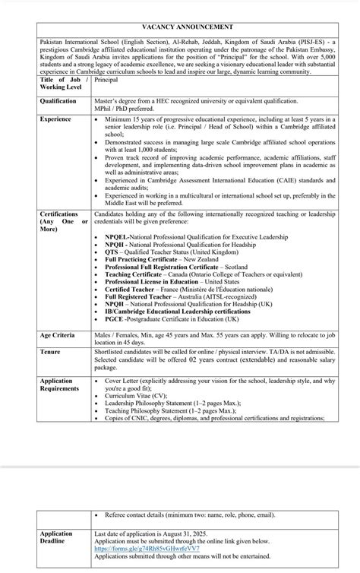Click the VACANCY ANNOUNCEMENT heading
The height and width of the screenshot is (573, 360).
180,26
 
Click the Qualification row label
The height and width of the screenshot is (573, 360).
58,100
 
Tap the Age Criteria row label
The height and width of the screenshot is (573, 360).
58,334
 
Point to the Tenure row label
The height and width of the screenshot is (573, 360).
51,353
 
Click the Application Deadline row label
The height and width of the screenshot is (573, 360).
57,537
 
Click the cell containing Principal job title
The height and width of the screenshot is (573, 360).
108,79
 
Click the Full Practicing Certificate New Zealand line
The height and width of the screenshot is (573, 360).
161,259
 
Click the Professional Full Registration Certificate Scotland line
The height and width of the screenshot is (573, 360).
175,266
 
